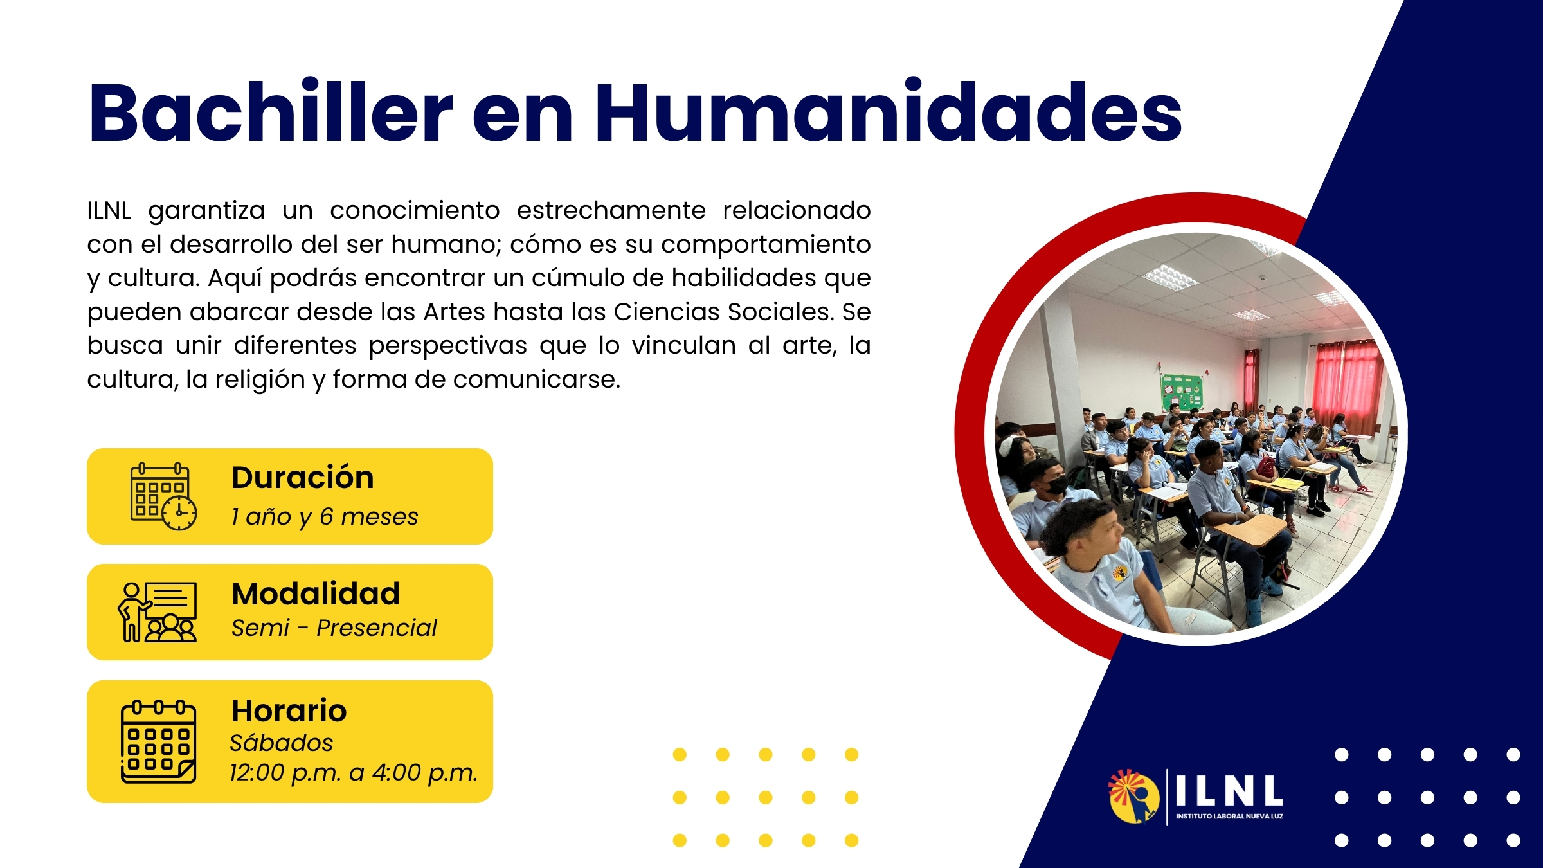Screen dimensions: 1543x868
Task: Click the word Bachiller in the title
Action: [271, 111]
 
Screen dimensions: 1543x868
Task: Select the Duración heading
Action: [303, 478]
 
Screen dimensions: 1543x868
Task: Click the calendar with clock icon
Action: [163, 496]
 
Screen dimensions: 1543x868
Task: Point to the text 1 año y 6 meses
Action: [325, 516]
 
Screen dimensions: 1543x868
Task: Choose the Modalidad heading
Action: [316, 593]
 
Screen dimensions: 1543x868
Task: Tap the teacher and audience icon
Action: [158, 611]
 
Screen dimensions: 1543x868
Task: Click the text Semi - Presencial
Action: [334, 628]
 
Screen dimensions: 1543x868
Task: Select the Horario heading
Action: [289, 710]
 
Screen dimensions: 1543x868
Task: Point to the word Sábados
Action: [282, 743]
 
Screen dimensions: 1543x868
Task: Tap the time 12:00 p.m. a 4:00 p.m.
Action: [354, 773]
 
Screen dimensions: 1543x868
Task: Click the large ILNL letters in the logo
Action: [1229, 791]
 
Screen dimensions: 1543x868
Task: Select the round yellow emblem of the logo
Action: [1134, 796]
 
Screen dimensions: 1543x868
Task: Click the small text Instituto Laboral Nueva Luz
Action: [1229, 817]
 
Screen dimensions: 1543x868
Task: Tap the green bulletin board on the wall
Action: [1182, 392]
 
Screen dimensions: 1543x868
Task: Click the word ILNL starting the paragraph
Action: [109, 210]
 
